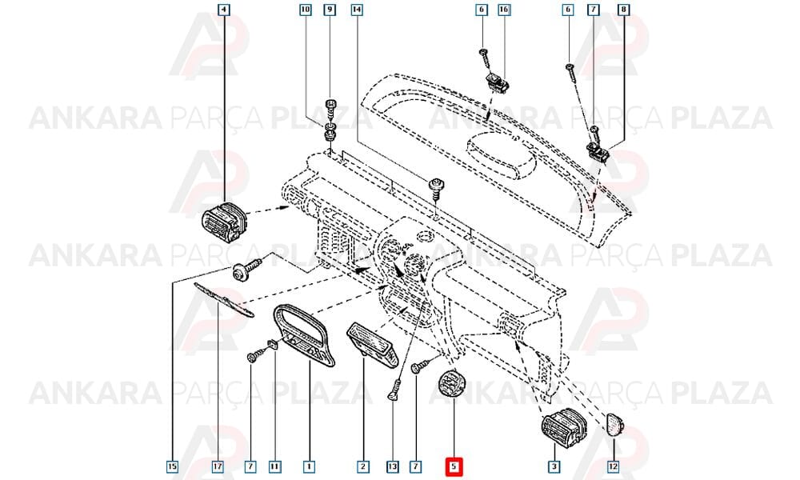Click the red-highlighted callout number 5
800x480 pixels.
453,466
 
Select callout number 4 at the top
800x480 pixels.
223,9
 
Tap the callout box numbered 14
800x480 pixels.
357,9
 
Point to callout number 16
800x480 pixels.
504,9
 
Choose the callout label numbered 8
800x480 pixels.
623,9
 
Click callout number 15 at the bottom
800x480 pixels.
173,466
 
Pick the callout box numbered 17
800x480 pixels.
218,466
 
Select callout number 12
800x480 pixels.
614,466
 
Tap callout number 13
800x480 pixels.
392,466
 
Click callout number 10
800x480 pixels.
305,9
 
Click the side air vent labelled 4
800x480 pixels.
224,222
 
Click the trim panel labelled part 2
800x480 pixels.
372,344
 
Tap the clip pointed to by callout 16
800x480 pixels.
497,83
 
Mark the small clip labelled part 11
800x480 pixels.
273,344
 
